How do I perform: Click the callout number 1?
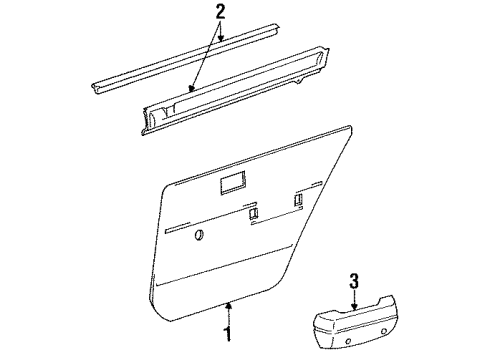[228, 332]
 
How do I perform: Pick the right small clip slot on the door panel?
[299, 202]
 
